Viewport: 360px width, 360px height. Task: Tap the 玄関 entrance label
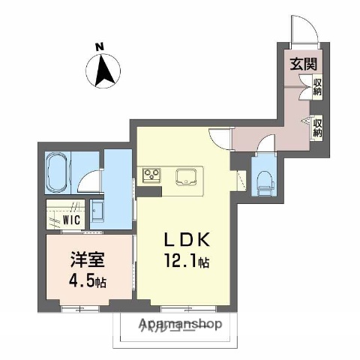[x=303, y=63]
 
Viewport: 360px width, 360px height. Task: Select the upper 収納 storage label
[x=318, y=88]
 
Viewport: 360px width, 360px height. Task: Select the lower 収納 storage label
[x=318, y=125]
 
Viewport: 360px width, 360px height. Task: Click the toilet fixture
[x=263, y=178]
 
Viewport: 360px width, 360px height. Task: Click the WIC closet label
[x=72, y=221]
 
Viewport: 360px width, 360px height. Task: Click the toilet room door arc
[x=266, y=142]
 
